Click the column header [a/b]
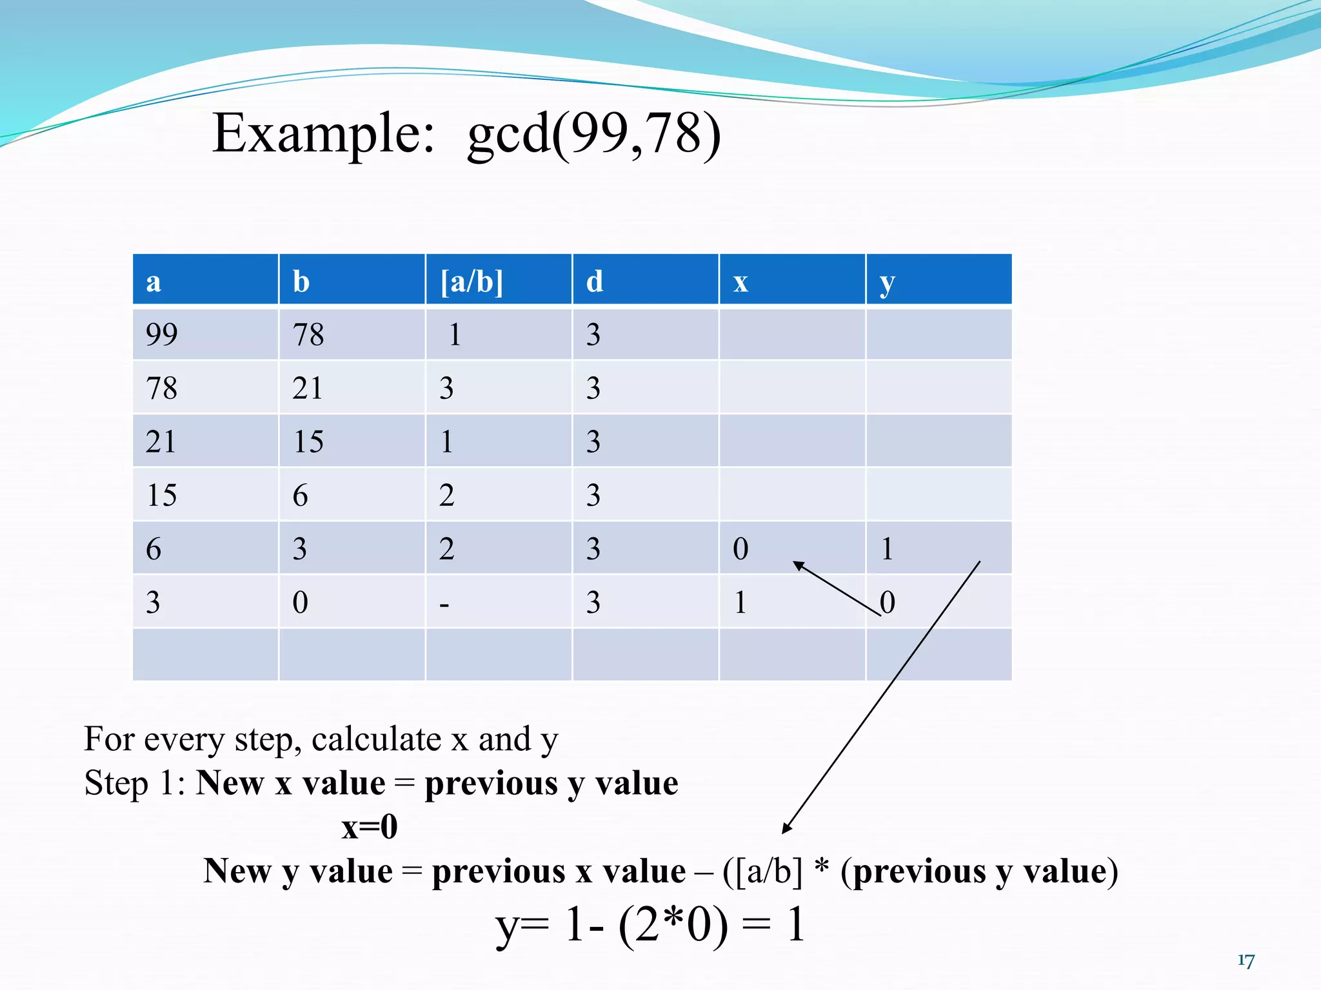(472, 282)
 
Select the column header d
(594, 282)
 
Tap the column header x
(740, 282)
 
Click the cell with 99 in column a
(161, 335)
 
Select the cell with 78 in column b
(308, 335)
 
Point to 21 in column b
(307, 388)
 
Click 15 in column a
(161, 495)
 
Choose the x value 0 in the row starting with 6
(740, 548)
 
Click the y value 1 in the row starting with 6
(887, 548)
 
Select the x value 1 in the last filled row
(740, 602)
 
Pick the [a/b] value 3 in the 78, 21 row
(446, 388)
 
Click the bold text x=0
(369, 826)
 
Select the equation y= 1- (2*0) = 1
(650, 924)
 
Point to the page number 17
(1246, 960)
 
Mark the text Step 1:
(135, 783)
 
